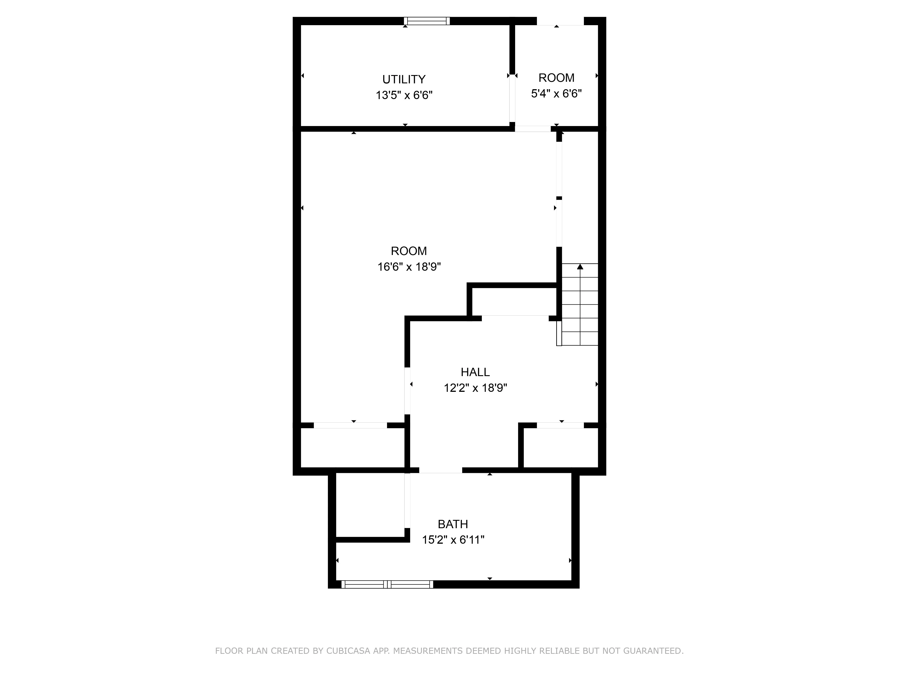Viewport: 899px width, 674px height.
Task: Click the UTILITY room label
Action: [404, 79]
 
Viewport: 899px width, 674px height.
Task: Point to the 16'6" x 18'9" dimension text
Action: [409, 267]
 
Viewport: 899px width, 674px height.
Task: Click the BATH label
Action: [452, 524]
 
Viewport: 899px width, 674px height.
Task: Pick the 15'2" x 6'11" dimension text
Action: [453, 540]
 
